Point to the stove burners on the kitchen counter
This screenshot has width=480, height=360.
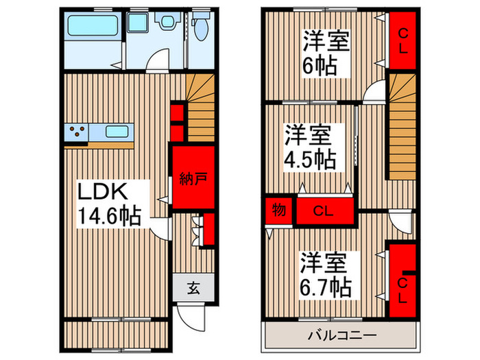[x=77, y=131]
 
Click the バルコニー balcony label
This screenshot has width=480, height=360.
[x=341, y=336]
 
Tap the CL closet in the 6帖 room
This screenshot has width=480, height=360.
[x=403, y=40]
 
